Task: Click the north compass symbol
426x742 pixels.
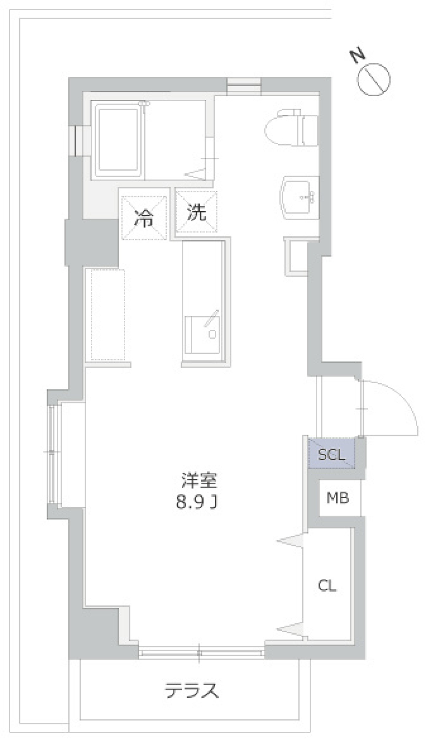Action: tap(374, 80)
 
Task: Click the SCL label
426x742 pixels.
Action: tap(332, 454)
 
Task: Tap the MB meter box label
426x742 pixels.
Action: tap(338, 498)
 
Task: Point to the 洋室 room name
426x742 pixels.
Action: tap(199, 480)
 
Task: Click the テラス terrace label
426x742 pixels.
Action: tap(192, 691)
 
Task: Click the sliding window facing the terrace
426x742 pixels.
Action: tap(201, 652)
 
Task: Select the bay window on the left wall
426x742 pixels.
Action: tap(53, 453)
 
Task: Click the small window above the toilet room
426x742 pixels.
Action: tap(244, 85)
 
